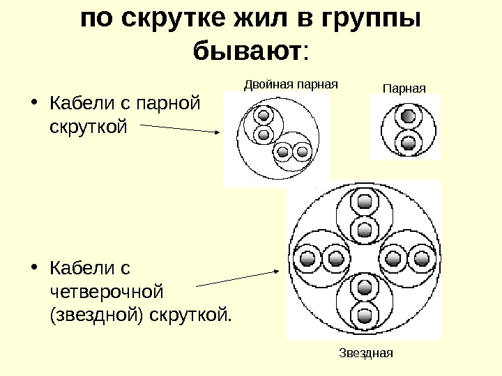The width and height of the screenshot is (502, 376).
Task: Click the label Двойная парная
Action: tap(290, 85)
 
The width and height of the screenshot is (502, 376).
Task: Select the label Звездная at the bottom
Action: tap(367, 352)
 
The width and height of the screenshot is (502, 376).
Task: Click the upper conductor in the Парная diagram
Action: tap(409, 116)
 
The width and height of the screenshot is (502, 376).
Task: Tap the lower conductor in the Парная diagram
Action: tap(409, 144)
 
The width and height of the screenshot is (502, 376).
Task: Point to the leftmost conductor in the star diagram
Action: tap(307, 260)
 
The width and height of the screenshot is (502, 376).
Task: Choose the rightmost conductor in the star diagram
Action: tap(422, 260)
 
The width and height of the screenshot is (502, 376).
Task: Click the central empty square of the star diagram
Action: tap(364, 260)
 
